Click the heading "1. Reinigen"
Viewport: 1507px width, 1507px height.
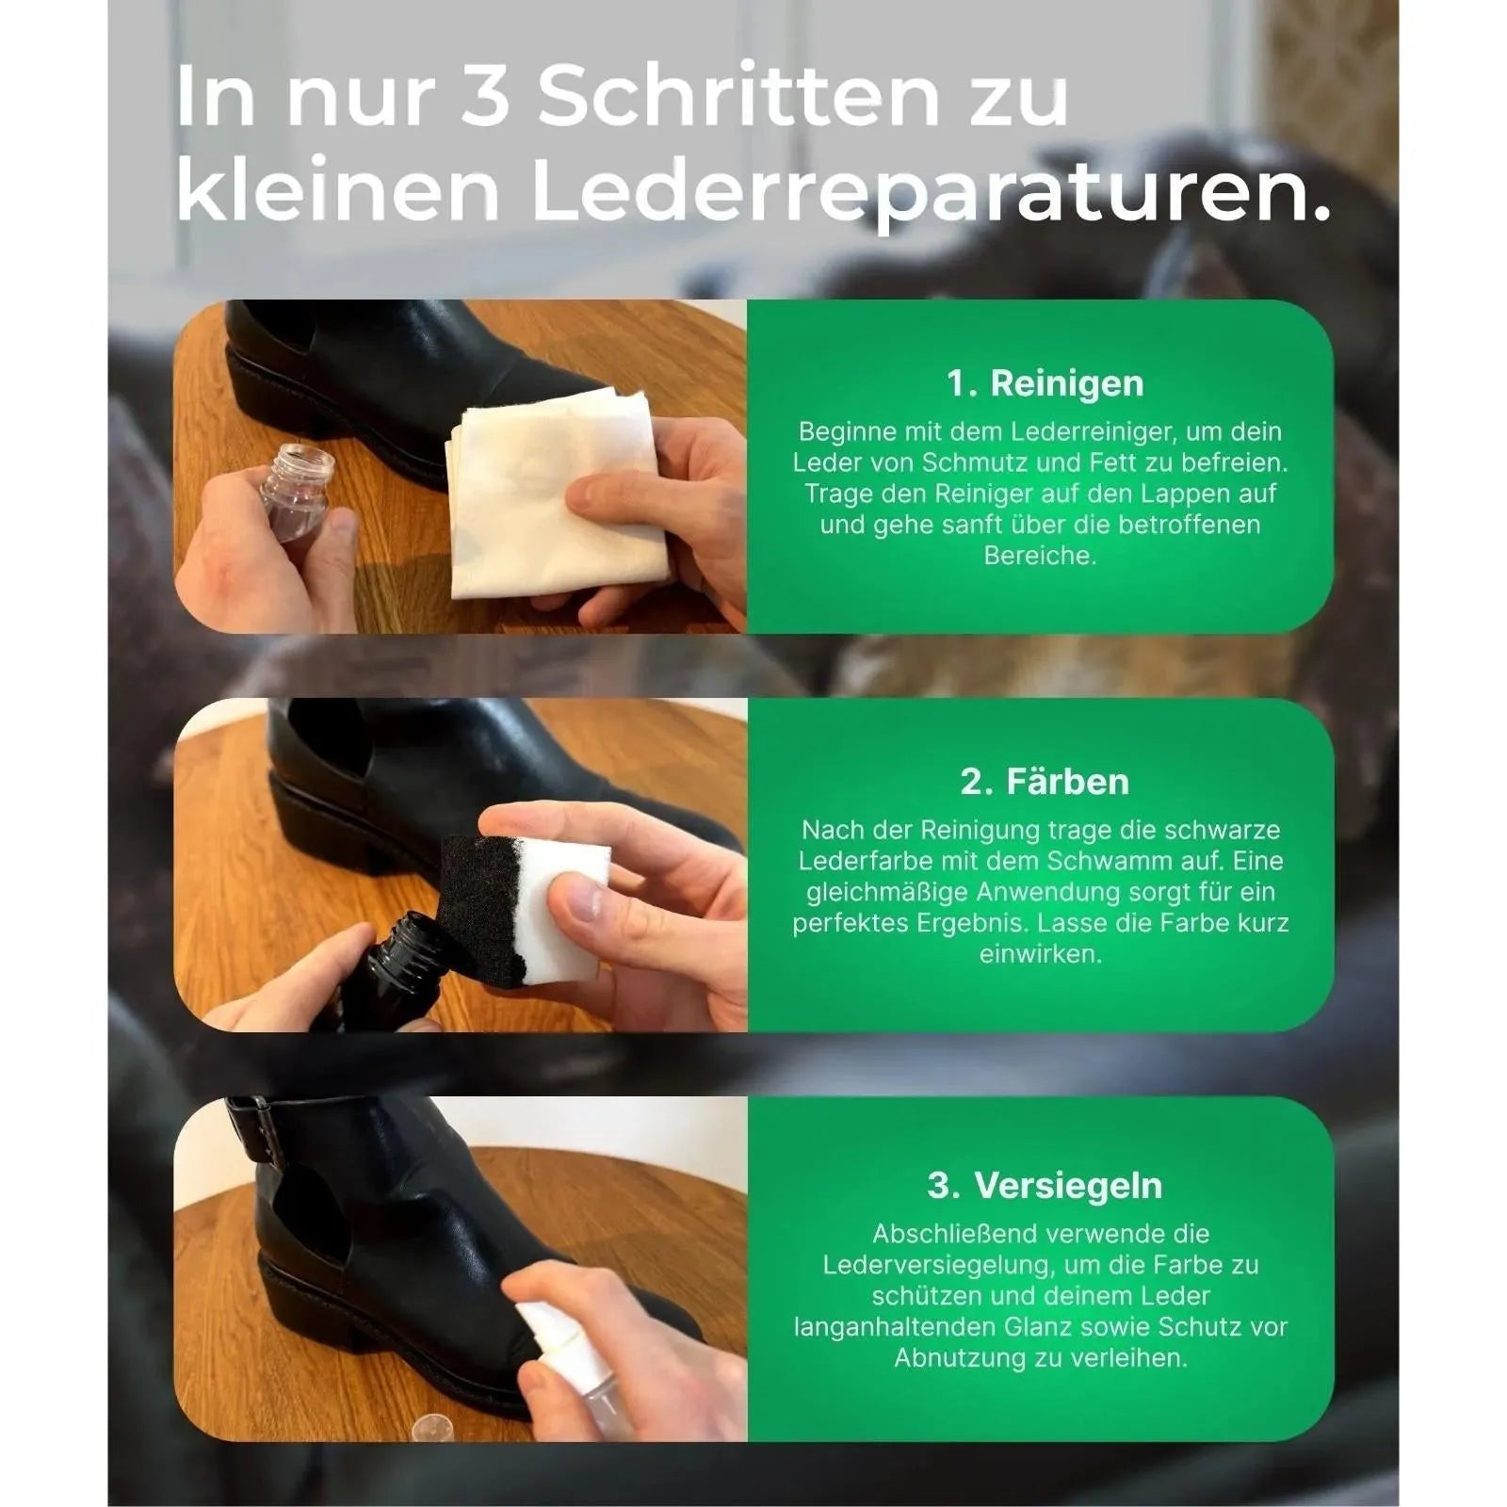pyautogui.click(x=1045, y=384)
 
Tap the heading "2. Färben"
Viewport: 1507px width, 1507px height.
pyautogui.click(x=1045, y=782)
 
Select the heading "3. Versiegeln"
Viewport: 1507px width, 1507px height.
pyautogui.click(x=1045, y=1186)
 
